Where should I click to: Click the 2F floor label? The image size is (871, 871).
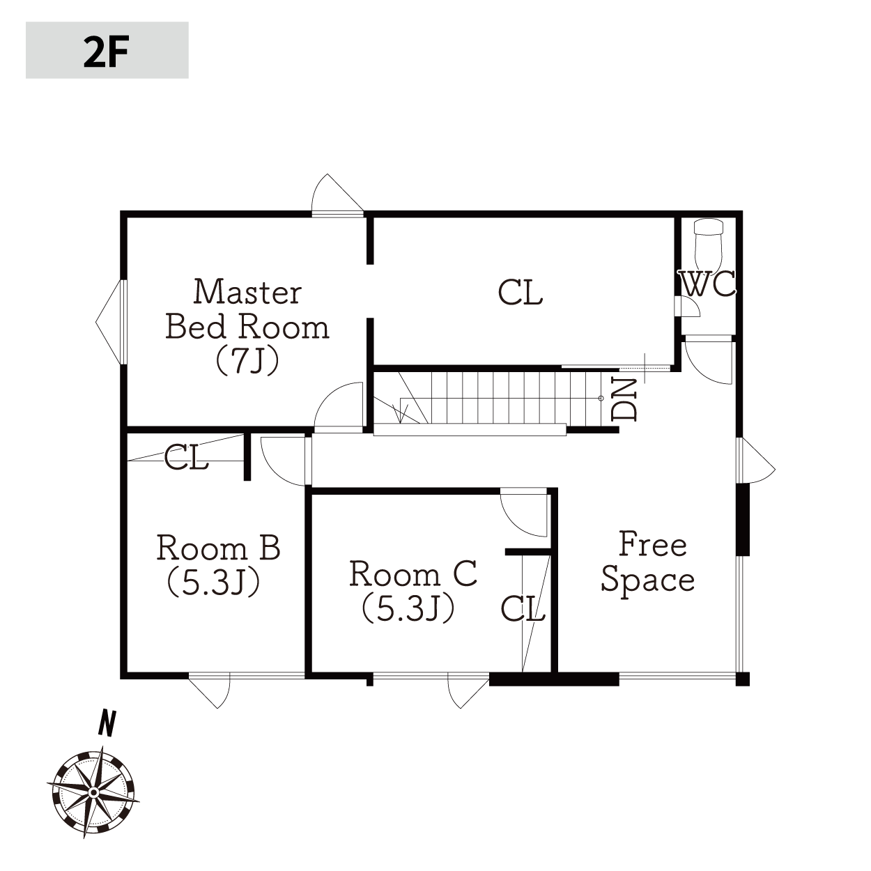coord(107,52)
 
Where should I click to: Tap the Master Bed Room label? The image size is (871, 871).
coord(247,309)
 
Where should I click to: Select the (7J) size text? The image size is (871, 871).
coord(247,360)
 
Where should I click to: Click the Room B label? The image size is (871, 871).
coord(218,548)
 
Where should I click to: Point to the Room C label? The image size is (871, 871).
coord(413,574)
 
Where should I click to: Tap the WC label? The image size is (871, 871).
coord(708,284)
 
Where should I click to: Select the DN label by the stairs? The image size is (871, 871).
coord(624,399)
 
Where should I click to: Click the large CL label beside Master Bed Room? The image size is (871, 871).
coord(521,293)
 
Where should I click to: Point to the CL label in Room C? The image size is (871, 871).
coord(523,608)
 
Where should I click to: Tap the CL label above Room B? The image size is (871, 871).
coord(186,457)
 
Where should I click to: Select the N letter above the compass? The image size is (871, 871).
coord(107,723)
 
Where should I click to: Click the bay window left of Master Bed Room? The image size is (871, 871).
coord(110,322)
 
